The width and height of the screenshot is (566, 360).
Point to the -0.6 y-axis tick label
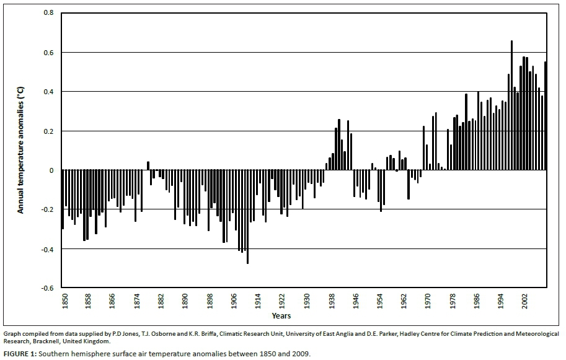(47, 288)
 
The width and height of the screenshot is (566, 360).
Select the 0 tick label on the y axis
(52, 170)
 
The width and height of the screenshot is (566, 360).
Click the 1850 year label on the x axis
(64, 303)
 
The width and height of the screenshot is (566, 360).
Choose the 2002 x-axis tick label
(525, 303)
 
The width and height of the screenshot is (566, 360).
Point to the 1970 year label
(428, 303)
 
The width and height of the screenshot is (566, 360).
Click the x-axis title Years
(281, 316)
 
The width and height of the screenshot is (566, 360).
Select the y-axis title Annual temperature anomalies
(20, 151)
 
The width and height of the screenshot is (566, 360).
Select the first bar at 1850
(63, 200)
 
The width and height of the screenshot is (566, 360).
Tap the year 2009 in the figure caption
(300, 354)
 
